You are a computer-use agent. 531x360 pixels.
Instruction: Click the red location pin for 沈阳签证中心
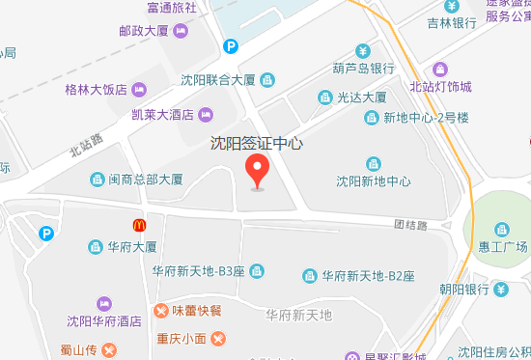[x=257, y=170]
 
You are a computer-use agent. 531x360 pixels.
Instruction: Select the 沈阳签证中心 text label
[x=257, y=144]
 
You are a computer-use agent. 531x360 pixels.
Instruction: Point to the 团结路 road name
[x=409, y=224]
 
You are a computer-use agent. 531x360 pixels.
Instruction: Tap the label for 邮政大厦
[x=144, y=31]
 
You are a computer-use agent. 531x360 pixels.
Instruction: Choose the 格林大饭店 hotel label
[x=96, y=91]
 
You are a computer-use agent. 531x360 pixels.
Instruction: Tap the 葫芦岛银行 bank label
[x=362, y=68]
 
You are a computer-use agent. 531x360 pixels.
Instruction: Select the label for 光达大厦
[x=361, y=97]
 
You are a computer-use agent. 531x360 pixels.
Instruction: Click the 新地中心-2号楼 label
[x=426, y=118]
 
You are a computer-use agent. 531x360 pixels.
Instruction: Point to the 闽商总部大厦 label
[x=145, y=180]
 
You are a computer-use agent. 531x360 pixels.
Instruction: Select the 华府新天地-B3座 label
[x=198, y=272]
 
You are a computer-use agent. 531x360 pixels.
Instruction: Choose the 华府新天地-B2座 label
[x=368, y=276]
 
